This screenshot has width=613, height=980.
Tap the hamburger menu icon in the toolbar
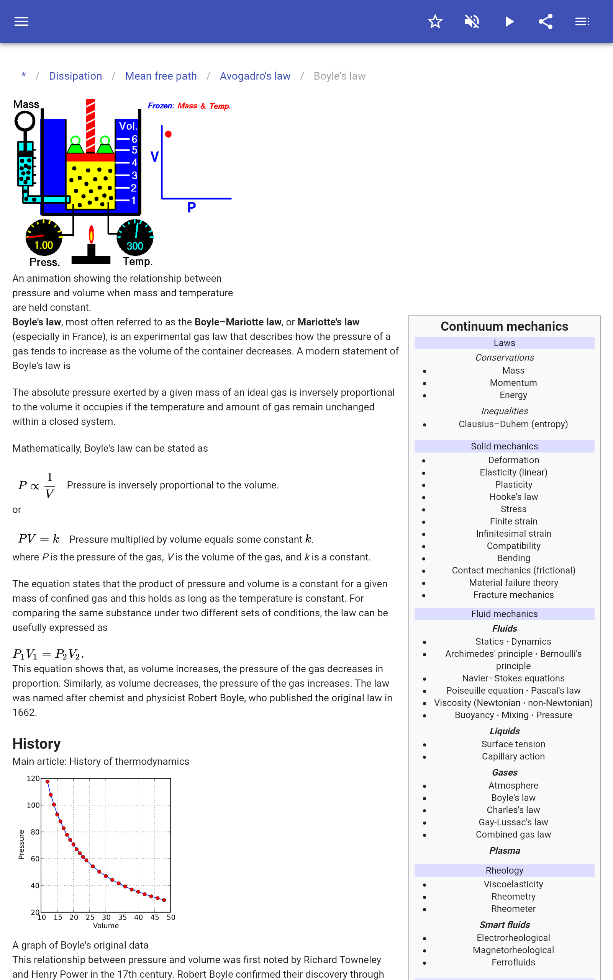click(21, 21)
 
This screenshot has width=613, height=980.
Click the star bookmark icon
click(435, 21)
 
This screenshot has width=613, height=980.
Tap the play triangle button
click(509, 21)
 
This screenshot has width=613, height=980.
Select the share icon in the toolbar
click(546, 21)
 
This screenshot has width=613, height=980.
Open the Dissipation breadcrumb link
click(75, 76)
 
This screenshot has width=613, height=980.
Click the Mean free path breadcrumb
click(161, 76)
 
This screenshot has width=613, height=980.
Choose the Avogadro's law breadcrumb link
click(255, 76)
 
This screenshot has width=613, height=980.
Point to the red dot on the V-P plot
click(168, 134)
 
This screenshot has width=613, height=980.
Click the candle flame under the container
click(92, 234)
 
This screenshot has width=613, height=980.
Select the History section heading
click(36, 743)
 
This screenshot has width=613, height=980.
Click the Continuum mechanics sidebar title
click(504, 327)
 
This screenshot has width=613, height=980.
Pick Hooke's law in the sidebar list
click(513, 497)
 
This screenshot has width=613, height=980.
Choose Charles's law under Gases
click(513, 810)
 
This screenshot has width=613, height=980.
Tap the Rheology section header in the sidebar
click(504, 870)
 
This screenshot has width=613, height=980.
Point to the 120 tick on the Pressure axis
click(33, 778)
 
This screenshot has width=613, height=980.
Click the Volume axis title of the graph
click(106, 926)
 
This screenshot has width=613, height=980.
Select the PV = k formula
click(39, 539)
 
